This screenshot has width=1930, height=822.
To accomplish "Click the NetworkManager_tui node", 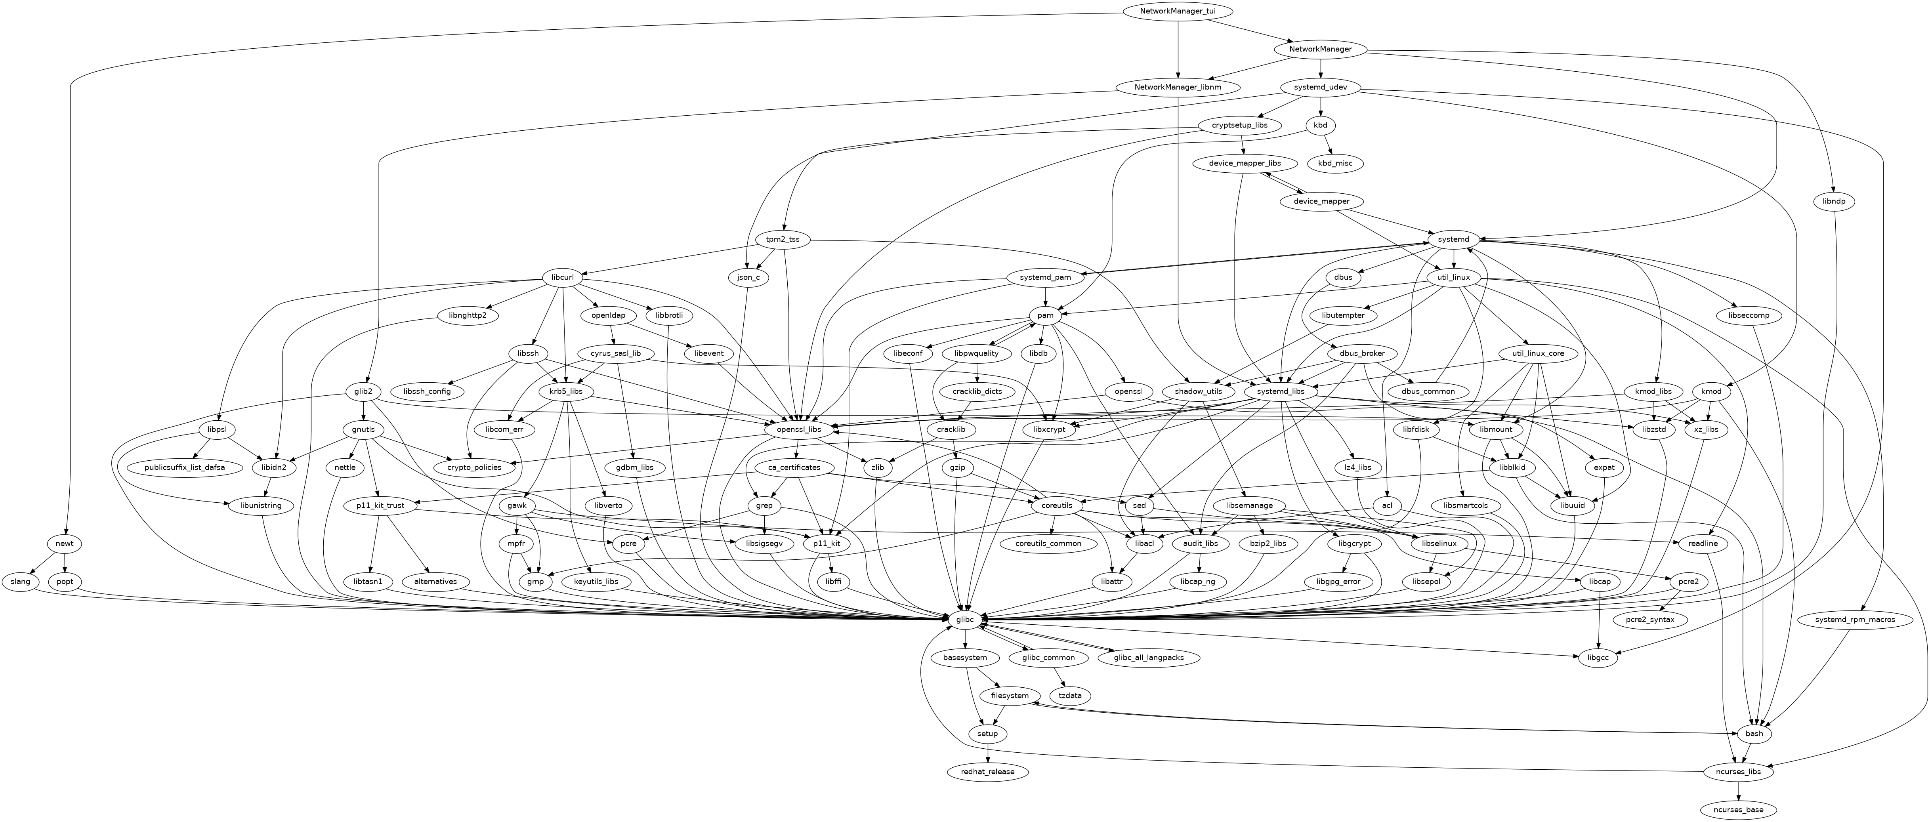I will (x=1178, y=11).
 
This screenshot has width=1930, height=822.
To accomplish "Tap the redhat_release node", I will (x=987, y=772).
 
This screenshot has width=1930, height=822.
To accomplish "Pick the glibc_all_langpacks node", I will (x=1149, y=658).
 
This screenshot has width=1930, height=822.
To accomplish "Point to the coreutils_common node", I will (x=1053, y=543).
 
